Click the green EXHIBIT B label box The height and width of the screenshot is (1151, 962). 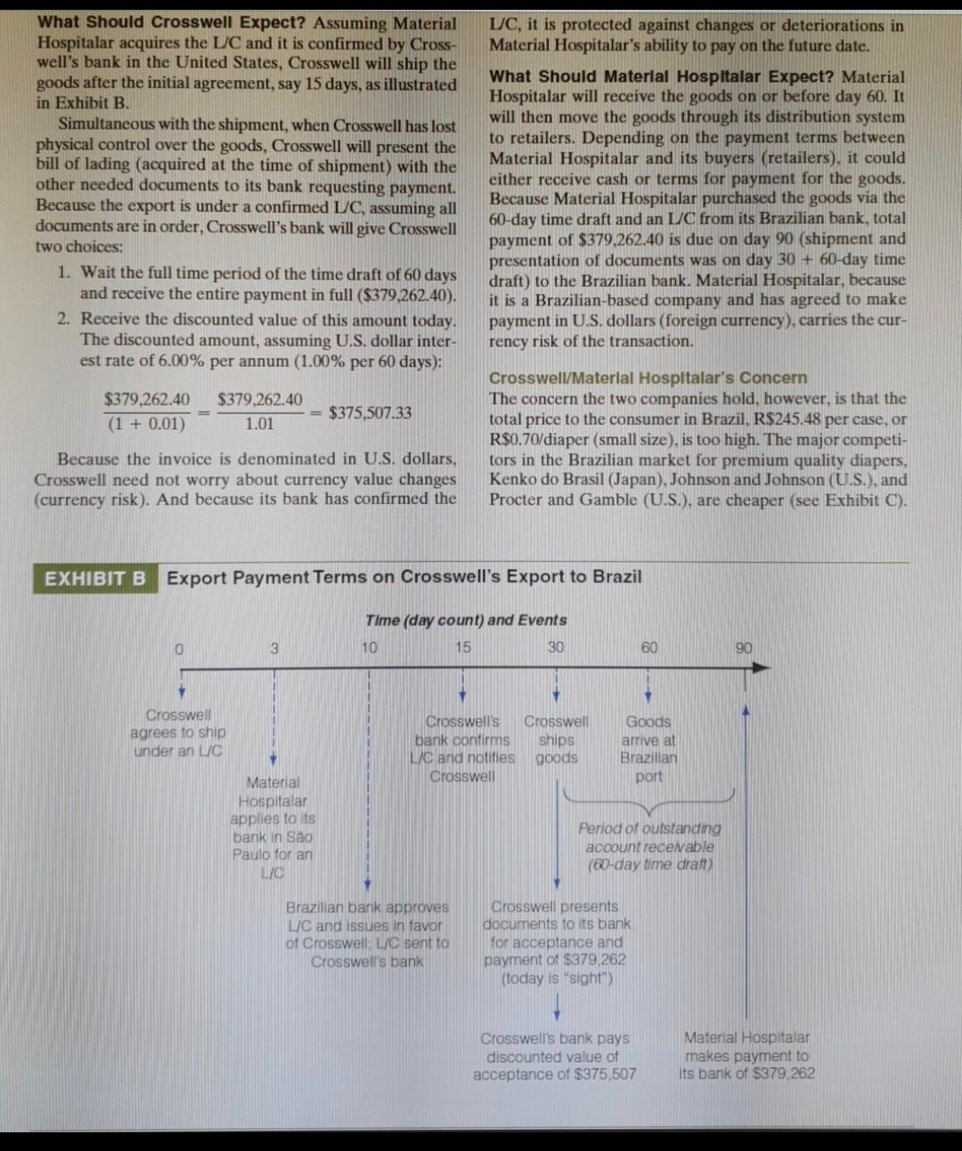[x=95, y=579]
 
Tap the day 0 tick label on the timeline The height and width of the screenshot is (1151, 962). [x=179, y=649]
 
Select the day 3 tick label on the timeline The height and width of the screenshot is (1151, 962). [x=274, y=649]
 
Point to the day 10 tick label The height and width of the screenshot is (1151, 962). [x=369, y=648]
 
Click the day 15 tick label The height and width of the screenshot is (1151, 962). [x=462, y=647]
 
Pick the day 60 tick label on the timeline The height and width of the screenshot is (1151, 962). [x=649, y=647]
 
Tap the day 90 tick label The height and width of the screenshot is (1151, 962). [x=744, y=648]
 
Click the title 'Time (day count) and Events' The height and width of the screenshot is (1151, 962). [x=466, y=620]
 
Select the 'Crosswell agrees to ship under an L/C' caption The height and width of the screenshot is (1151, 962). [x=178, y=733]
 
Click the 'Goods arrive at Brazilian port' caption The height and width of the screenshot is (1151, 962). [x=649, y=749]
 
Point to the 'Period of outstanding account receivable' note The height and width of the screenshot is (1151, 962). [x=649, y=846]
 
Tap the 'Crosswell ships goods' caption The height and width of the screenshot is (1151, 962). [x=556, y=740]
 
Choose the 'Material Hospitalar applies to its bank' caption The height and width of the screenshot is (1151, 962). [x=273, y=828]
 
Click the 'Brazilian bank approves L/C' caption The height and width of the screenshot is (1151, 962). [x=367, y=934]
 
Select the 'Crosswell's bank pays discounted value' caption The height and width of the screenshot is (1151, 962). [x=554, y=1056]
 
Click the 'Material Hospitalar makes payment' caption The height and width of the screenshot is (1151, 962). [x=746, y=1055]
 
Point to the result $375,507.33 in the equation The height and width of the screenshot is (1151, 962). [x=371, y=412]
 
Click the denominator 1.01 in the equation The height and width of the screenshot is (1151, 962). [x=259, y=424]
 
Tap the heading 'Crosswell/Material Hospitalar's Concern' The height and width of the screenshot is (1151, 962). [x=648, y=377]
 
